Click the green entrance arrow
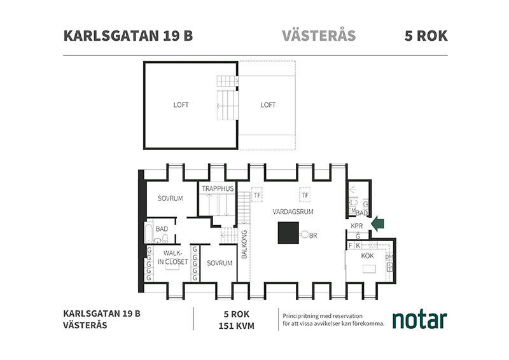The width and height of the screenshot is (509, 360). [377, 224]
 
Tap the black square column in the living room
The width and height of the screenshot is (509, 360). [288, 233]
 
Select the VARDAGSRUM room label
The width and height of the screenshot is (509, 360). [293, 212]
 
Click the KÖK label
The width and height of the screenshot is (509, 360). [368, 256]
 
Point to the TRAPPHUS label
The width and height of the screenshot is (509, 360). [218, 188]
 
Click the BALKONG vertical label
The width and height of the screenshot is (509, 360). [244, 244]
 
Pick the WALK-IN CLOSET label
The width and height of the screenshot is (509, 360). [172, 258]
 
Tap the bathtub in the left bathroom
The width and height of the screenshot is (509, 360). [149, 232]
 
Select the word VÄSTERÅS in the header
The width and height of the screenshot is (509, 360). [319, 35]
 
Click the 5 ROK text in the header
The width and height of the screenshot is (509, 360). [426, 36]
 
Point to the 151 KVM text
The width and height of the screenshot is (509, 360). [236, 326]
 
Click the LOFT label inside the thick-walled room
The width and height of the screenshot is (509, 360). [181, 105]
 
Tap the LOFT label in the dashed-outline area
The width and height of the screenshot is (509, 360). [268, 105]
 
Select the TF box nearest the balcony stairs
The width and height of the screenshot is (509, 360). [257, 195]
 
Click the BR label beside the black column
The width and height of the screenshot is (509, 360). [313, 236]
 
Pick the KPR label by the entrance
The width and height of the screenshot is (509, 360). [356, 226]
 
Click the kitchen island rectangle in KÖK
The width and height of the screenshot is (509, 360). [369, 269]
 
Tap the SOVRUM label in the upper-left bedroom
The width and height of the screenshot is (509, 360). [170, 198]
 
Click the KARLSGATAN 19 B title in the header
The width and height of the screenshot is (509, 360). [129, 36]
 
